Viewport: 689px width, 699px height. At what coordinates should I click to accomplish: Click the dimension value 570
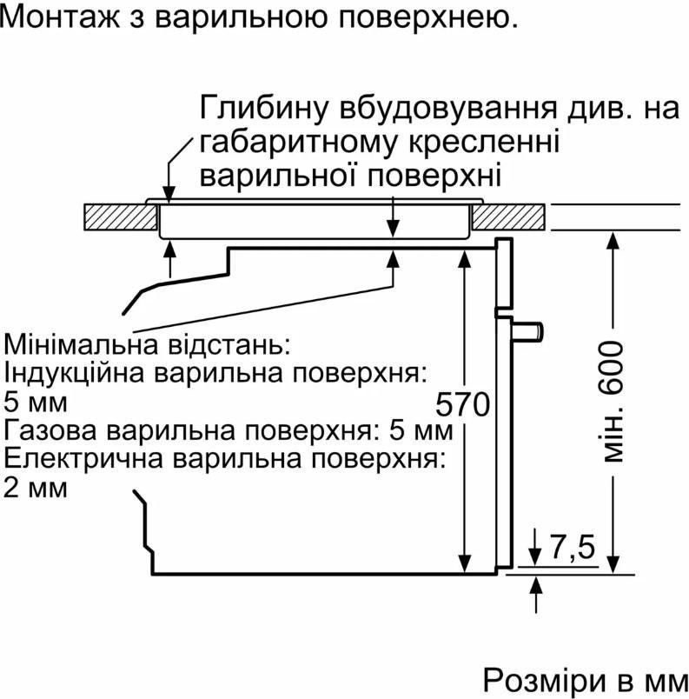[463, 405]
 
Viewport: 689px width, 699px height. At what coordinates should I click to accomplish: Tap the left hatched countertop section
[116, 216]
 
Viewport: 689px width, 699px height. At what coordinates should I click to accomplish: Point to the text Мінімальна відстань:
[145, 344]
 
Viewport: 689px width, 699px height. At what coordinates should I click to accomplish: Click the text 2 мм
[36, 488]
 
